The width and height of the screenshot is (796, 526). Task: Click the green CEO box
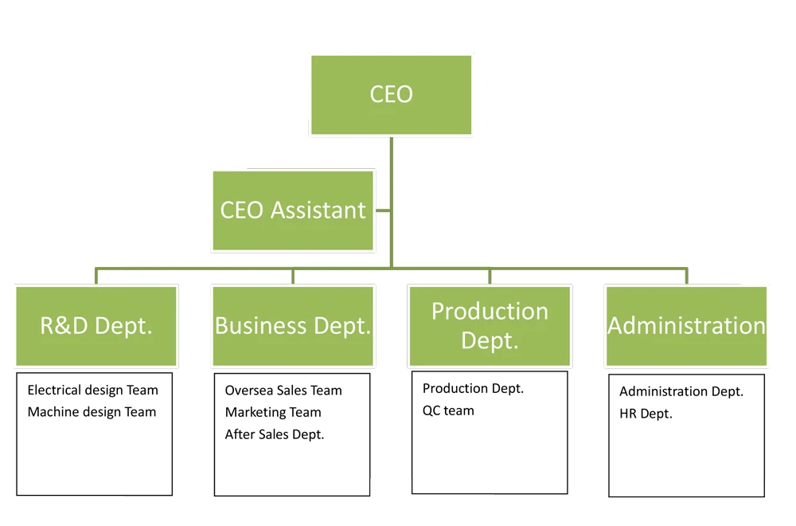[x=391, y=95]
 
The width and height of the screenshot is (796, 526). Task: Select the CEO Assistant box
[x=293, y=210]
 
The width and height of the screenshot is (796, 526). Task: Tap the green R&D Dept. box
[x=96, y=326]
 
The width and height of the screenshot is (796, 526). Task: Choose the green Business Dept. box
[x=293, y=326]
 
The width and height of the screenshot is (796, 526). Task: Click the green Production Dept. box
[x=490, y=326]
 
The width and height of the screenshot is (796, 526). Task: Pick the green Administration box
[x=686, y=326]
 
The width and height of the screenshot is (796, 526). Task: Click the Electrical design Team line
[x=93, y=391]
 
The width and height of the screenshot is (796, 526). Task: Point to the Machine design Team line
[x=92, y=412]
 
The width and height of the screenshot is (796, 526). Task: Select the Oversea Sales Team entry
[x=283, y=391]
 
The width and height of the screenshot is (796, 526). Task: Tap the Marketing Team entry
[x=273, y=412]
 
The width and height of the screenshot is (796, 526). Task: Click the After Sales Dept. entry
[x=275, y=434]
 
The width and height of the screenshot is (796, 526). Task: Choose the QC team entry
[x=448, y=410]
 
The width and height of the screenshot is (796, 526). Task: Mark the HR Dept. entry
[x=646, y=414]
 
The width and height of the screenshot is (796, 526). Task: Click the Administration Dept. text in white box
[x=681, y=391]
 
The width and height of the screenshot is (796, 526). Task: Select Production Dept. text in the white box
[x=473, y=389]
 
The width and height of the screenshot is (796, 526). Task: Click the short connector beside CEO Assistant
[x=382, y=210]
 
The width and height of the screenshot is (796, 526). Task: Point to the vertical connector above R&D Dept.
[x=96, y=277]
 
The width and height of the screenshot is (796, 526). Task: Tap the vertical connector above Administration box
[x=687, y=277]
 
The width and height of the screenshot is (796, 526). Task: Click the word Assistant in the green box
[x=318, y=210]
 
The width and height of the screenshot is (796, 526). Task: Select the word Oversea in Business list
[x=247, y=391]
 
